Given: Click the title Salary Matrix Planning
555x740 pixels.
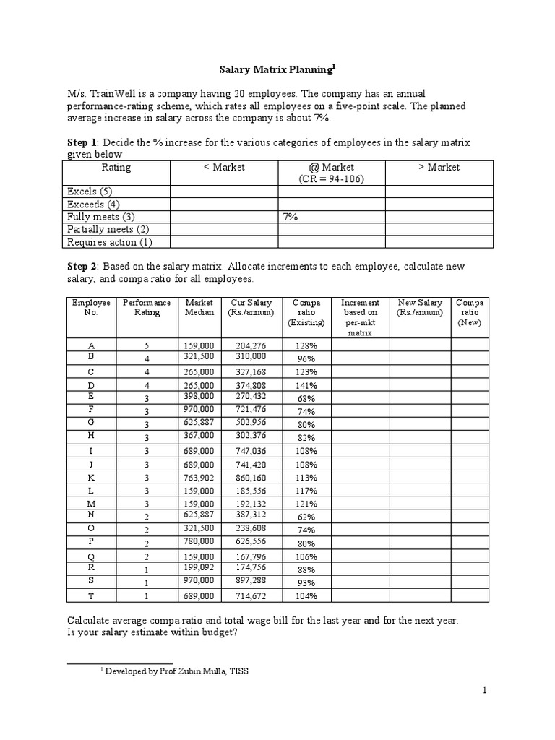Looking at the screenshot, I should pyautogui.click(x=277, y=70).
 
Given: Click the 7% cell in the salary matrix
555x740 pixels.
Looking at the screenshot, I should pyautogui.click(x=291, y=216).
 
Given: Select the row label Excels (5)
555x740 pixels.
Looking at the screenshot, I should pyautogui.click(x=90, y=192).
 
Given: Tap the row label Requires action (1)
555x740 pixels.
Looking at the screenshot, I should pyautogui.click(x=109, y=242).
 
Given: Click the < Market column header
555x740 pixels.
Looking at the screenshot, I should pyautogui.click(x=224, y=167).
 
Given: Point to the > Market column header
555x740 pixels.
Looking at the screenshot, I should pyautogui.click(x=439, y=167).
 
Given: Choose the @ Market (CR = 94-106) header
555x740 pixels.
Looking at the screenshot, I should pyautogui.click(x=332, y=173).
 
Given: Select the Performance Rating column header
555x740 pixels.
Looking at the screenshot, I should pyautogui.click(x=147, y=307).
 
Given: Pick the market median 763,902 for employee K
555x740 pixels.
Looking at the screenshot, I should pyautogui.click(x=199, y=478).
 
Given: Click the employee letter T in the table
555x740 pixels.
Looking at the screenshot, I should pyautogui.click(x=90, y=595).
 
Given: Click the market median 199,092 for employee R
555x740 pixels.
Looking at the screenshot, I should pyautogui.click(x=199, y=569).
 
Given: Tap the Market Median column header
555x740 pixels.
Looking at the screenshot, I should pyautogui.click(x=199, y=307).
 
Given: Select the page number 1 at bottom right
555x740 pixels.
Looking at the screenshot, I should pyautogui.click(x=486, y=691).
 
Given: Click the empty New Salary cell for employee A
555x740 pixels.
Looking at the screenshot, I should pyautogui.click(x=421, y=345).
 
